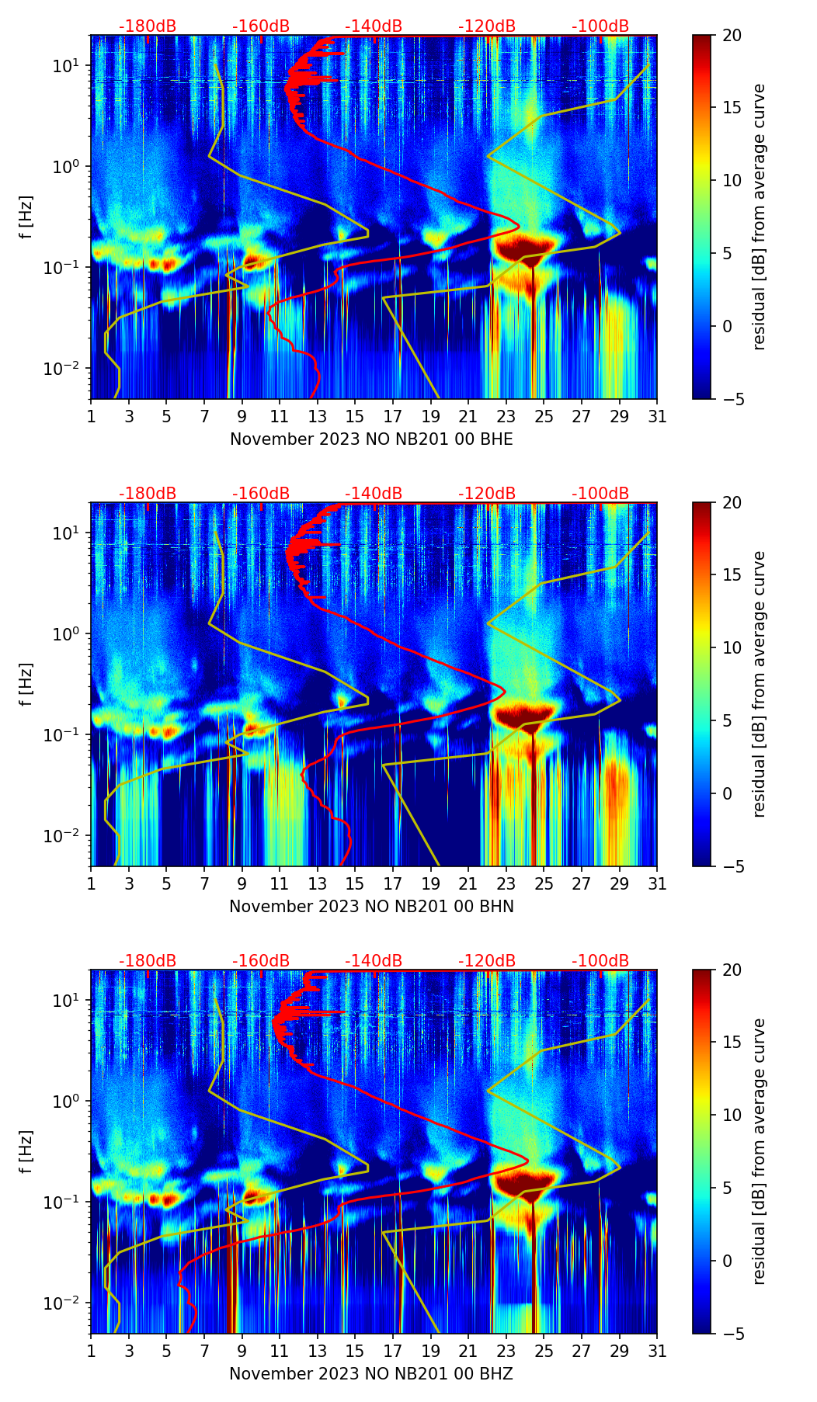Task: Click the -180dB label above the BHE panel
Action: [x=148, y=26]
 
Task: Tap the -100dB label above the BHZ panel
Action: [x=600, y=961]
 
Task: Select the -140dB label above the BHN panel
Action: [x=374, y=494]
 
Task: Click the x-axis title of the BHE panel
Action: [x=371, y=439]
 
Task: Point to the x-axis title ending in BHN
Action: [x=371, y=907]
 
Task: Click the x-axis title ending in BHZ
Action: [x=371, y=1374]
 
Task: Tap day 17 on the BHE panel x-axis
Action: [x=393, y=416]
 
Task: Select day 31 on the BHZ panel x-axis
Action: [x=657, y=1351]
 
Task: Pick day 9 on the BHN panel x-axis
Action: [x=242, y=883]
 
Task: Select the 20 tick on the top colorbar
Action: [x=732, y=36]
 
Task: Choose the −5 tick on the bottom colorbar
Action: [x=732, y=1334]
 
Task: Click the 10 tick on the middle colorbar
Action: [x=732, y=647]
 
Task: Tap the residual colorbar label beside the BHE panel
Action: [x=760, y=217]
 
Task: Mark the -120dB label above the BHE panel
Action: [x=487, y=26]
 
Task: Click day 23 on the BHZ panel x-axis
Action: [x=506, y=1351]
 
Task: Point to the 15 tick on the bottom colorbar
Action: [x=732, y=1043]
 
